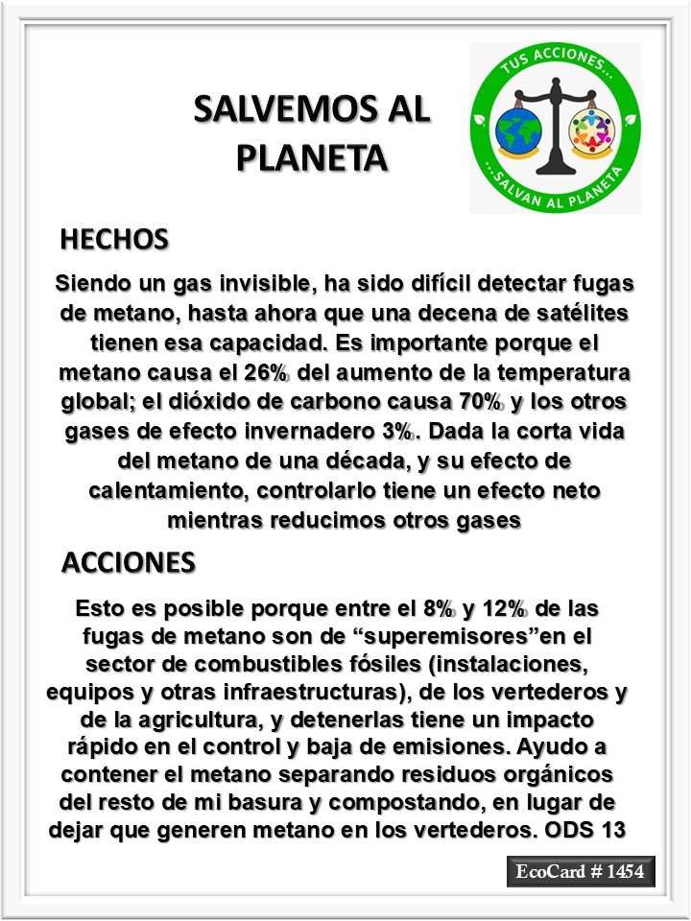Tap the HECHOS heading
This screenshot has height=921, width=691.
click(x=114, y=239)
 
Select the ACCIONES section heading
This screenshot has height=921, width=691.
click(x=129, y=562)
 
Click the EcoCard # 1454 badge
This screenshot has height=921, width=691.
click(x=581, y=872)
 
